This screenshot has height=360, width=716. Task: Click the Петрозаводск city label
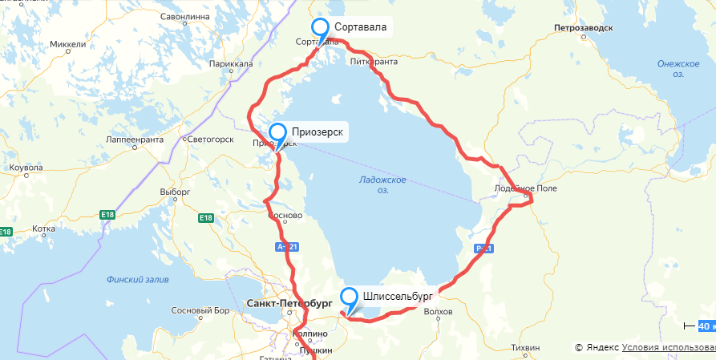click(x=583, y=28)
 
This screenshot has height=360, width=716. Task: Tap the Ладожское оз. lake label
click(x=383, y=184)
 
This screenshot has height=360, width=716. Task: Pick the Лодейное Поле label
click(x=524, y=188)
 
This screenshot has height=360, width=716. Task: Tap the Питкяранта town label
click(x=374, y=61)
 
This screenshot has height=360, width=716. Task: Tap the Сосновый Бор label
click(x=196, y=310)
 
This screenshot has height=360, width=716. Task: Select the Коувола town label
click(x=25, y=168)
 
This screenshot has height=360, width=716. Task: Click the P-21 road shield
click(x=483, y=248)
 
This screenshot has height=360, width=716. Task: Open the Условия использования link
click(x=668, y=347)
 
